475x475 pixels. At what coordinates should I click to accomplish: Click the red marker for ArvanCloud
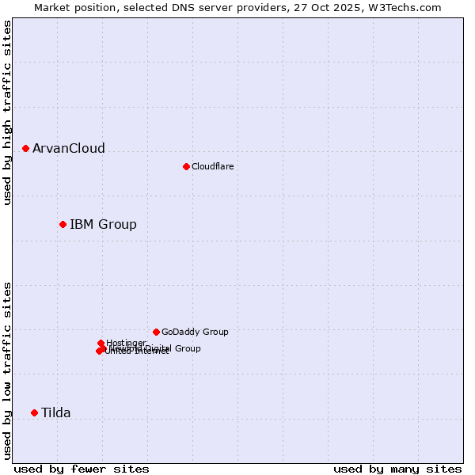(25, 148)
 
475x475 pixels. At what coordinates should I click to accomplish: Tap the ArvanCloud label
(69, 149)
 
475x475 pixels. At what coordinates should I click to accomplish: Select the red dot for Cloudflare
(186, 166)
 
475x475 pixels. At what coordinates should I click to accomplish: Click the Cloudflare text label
(212, 166)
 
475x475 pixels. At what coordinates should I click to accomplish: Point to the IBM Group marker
(63, 224)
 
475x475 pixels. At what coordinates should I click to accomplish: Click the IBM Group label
(103, 225)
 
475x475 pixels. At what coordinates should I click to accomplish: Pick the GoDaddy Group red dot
(156, 332)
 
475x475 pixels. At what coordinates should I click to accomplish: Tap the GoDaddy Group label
(195, 332)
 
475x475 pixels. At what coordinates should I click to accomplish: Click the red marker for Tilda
(34, 412)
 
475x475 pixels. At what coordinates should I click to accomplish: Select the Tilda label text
(56, 413)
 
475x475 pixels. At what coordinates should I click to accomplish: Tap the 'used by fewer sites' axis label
(82, 469)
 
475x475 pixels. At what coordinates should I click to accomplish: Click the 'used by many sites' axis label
(397, 469)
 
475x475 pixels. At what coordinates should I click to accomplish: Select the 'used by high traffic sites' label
(7, 112)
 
